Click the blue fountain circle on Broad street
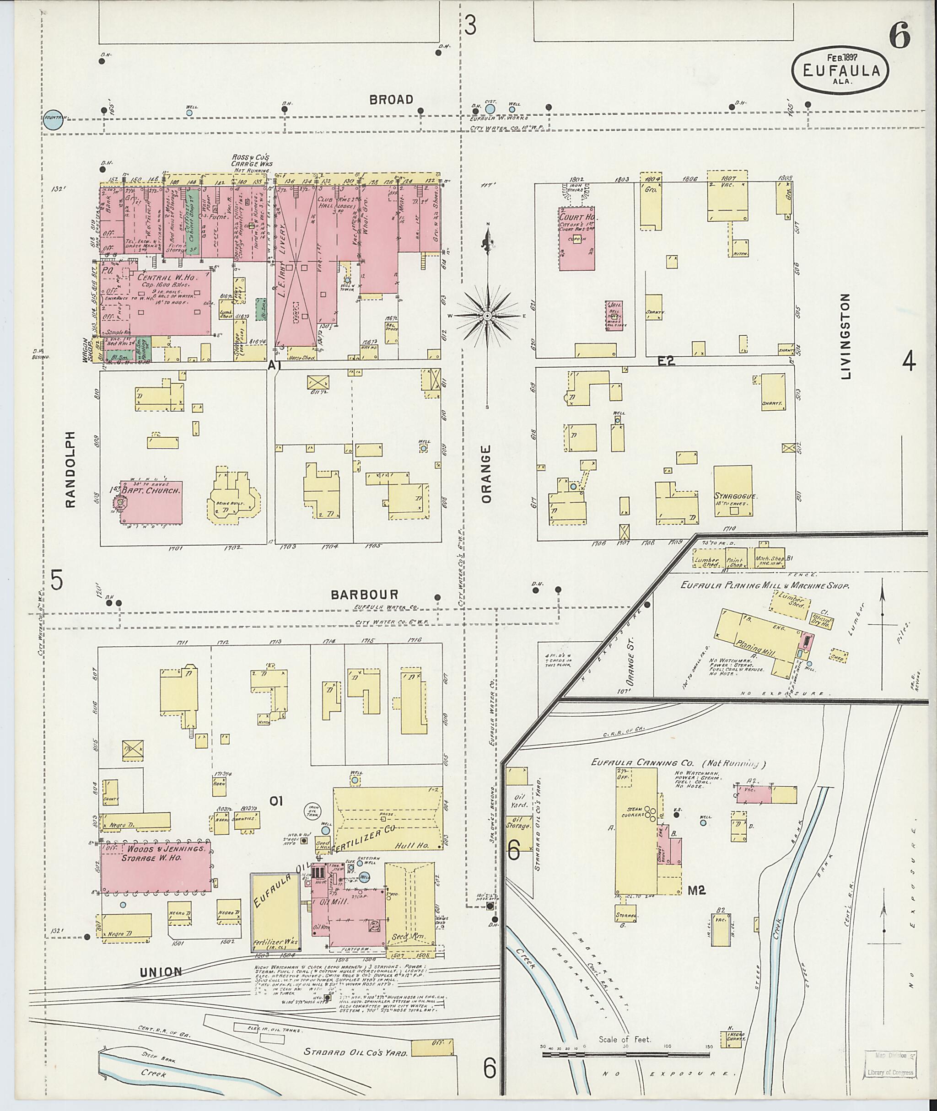54,120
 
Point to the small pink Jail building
614,316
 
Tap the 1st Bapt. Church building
151,501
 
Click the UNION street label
161,972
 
